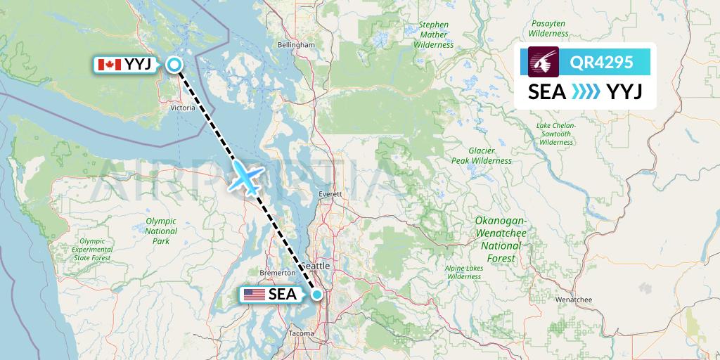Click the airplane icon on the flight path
pos(244,176)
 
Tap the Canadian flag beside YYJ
pos(108,65)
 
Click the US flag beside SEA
pos(255,295)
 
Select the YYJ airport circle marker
pos(174,65)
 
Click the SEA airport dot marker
pos(318,295)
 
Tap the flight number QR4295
pos(600,63)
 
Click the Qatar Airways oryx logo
pos(544,63)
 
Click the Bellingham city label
pos(296,44)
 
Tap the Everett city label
pos(329,193)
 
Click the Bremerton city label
pos(276,272)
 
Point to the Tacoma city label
pos(302,333)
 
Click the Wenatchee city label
pos(574,300)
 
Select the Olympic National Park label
pos(161,231)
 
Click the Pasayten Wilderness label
pos(548,29)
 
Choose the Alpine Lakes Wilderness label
pos(463,272)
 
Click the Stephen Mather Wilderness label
pos(434,34)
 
